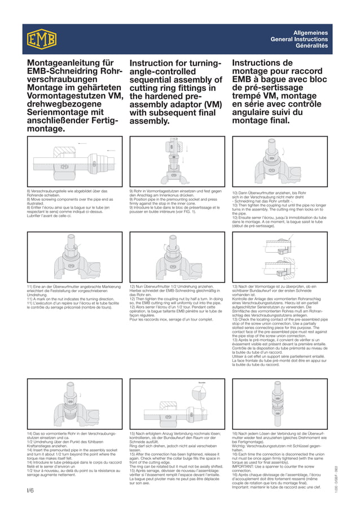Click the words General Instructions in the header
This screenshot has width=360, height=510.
tap(299, 39)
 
